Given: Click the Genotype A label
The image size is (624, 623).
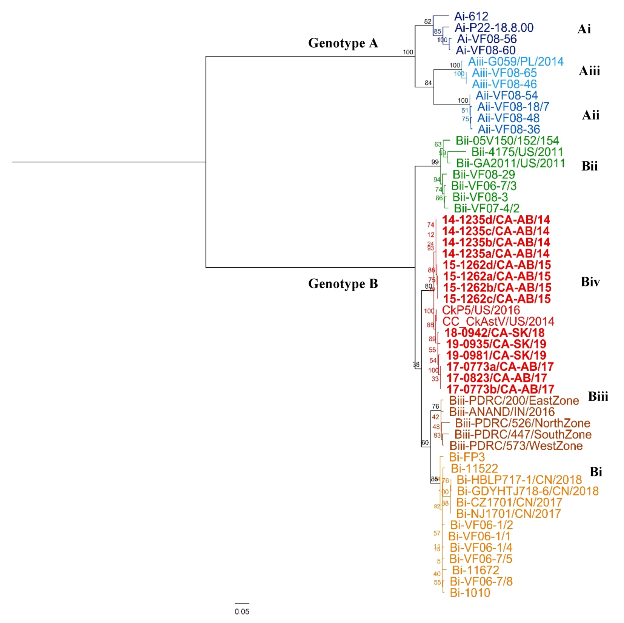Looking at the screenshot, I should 343,43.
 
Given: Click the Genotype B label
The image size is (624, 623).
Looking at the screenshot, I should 343,284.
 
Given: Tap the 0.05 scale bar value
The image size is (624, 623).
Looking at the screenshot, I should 242,612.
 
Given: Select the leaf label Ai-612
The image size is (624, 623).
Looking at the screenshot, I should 471,16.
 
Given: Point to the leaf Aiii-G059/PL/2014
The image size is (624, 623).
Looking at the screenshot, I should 516,62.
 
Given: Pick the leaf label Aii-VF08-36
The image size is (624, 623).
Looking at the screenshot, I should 509,129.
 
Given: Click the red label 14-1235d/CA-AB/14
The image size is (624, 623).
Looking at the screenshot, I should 496,220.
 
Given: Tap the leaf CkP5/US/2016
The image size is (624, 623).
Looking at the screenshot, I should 481,310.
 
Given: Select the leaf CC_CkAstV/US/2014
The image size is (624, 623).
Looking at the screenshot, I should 498,321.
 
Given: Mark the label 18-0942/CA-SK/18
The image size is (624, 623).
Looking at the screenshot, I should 494,333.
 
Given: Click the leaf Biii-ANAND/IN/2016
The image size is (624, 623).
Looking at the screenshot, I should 502,412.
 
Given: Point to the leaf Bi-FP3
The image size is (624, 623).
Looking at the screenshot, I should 467,457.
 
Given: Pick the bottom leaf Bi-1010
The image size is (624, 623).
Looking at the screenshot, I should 470,593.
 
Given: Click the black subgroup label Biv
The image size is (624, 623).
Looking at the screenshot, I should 590,282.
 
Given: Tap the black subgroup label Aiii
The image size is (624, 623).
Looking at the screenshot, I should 589,71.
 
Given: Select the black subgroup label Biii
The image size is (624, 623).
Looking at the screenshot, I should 598,397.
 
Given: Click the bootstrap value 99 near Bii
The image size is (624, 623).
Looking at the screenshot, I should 435,162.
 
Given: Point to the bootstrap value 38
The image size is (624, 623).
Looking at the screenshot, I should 416,365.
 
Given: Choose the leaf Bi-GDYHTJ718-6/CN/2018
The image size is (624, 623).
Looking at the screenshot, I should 527,491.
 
